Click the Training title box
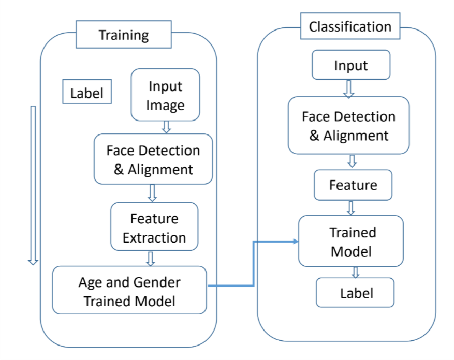click(x=124, y=35)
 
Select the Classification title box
click(x=350, y=26)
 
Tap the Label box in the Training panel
click(x=86, y=93)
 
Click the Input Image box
click(x=165, y=96)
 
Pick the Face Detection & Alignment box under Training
click(x=153, y=159)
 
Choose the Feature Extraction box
click(x=154, y=228)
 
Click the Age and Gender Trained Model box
click(x=129, y=290)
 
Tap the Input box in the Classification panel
click(x=350, y=65)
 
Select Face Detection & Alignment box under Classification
click(x=348, y=125)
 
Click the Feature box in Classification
click(x=353, y=185)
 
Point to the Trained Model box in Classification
click(x=351, y=241)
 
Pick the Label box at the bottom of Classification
click(x=355, y=293)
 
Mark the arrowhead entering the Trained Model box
click(x=295, y=242)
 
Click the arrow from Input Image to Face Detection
click(x=166, y=127)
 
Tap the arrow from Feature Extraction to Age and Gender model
click(x=151, y=259)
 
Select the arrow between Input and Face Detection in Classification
click(x=349, y=88)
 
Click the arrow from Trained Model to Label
click(x=355, y=272)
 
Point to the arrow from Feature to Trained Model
click(x=351, y=207)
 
